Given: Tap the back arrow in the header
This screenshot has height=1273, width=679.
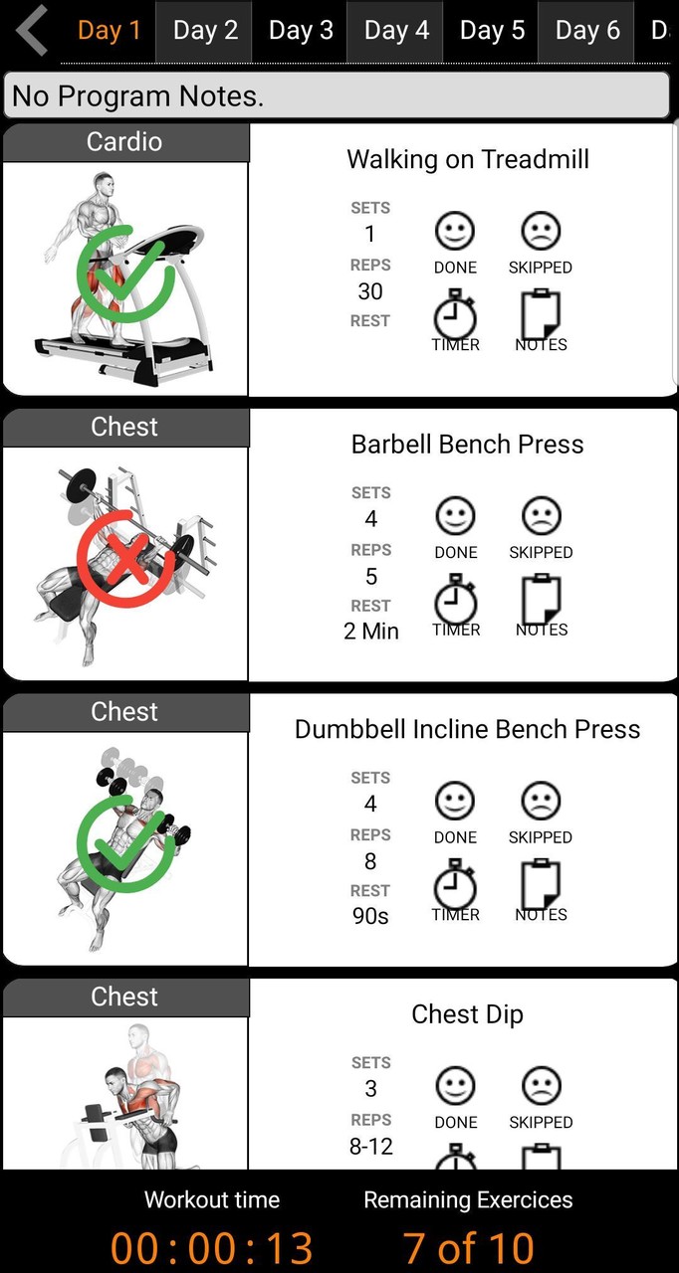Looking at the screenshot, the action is pos(32,30).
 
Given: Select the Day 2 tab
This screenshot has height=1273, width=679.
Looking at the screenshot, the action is pos(205,30).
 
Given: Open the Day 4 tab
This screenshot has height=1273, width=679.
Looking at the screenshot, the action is pos(396,30).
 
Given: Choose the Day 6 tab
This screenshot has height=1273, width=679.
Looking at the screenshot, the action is pos(587,30).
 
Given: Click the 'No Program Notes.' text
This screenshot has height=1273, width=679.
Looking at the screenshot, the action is pos(138,95).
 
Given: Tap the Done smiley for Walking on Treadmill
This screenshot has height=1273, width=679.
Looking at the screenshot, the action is pos(454,231).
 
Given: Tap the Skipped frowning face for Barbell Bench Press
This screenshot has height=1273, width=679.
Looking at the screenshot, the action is pos(541,516).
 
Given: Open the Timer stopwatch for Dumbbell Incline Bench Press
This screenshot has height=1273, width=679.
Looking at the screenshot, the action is pos(454,883).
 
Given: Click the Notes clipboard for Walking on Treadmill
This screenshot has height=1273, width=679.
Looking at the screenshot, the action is pos(541,314).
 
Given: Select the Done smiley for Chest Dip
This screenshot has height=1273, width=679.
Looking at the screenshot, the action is pos(456,1086).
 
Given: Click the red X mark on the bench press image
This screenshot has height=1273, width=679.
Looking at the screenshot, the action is pos(125,559).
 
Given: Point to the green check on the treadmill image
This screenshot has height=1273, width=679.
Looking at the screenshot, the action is pos(125,273).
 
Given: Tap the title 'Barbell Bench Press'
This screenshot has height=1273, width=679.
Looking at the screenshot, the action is pos(468,445).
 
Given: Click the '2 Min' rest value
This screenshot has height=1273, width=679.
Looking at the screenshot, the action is pos(370,632).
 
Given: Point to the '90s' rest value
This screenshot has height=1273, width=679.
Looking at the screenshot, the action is pos(370,916).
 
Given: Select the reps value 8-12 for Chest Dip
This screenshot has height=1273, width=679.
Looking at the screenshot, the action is pos(370,1147).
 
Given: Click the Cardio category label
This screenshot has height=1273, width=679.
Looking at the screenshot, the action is pos(124,141).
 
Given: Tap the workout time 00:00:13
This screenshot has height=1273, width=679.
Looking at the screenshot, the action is pos(211,1248).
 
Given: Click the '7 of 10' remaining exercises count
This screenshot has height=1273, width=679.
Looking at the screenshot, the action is pos(468,1248).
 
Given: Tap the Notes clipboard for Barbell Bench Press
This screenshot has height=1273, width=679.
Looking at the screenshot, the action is pos(542,600).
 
